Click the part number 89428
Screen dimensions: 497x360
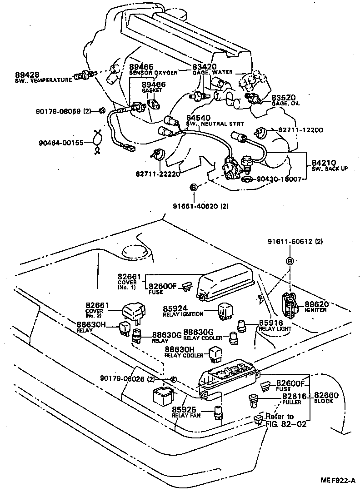[x=27, y=75]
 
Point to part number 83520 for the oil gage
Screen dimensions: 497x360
[x=284, y=98]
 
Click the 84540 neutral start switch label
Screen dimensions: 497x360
[x=198, y=118]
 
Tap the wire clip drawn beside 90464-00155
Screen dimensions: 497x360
[x=96, y=142]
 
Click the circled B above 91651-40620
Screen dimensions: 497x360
[x=193, y=187]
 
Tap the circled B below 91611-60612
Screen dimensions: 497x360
[x=290, y=261]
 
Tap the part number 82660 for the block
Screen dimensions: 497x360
[x=326, y=395]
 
